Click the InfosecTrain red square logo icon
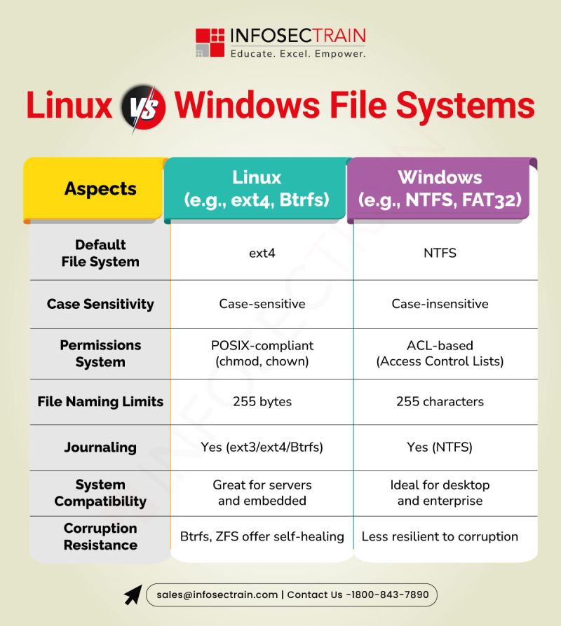pyautogui.click(x=209, y=42)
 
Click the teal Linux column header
pyautogui.click(x=257, y=189)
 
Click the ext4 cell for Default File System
pyautogui.click(x=262, y=253)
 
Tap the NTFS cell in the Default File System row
pyautogui.click(x=440, y=253)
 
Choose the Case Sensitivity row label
pyautogui.click(x=100, y=304)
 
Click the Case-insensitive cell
pyautogui.click(x=440, y=304)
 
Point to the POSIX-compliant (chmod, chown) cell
pyautogui.click(x=262, y=354)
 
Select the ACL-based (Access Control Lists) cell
pyautogui.click(x=440, y=354)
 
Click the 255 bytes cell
pyautogui.click(x=262, y=402)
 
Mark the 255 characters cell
pyautogui.click(x=440, y=402)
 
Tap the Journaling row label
pyautogui.click(x=100, y=447)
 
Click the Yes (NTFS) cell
pyautogui.click(x=440, y=447)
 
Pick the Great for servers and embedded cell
pyautogui.click(x=262, y=493)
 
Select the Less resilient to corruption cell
pyautogui.click(x=440, y=537)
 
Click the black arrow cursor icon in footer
pyautogui.click(x=133, y=594)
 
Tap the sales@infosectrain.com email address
pyautogui.click(x=217, y=594)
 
